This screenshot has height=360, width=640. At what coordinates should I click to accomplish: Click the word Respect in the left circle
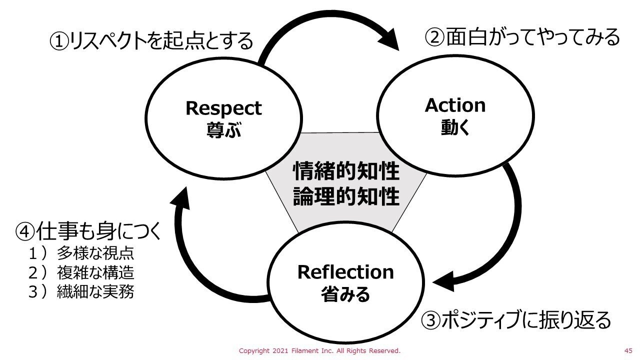pyautogui.click(x=223, y=108)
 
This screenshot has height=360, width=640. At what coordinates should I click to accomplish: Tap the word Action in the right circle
pyautogui.click(x=455, y=105)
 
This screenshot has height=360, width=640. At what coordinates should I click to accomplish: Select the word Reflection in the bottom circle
pyautogui.click(x=345, y=272)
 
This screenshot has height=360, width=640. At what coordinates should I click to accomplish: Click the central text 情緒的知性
pyautogui.click(x=346, y=171)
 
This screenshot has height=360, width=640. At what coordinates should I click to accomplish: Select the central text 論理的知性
pyautogui.click(x=346, y=196)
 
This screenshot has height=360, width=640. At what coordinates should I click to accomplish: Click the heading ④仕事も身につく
pyautogui.click(x=89, y=231)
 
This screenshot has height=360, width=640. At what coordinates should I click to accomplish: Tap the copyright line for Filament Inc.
pyautogui.click(x=319, y=350)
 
